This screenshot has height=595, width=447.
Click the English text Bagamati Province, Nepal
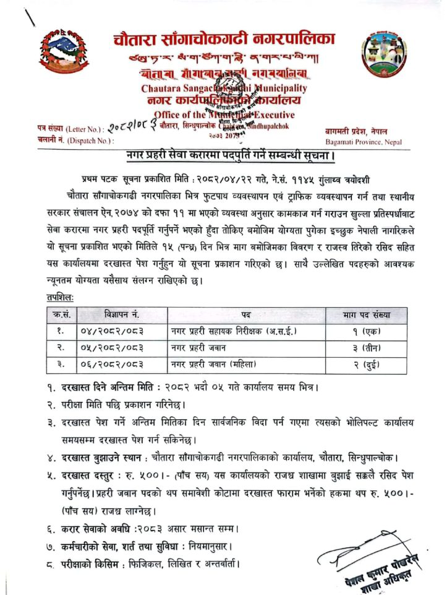click(x=363, y=142)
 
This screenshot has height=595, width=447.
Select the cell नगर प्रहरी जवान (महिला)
click(x=213, y=364)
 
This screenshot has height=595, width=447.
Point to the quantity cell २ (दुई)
click(x=367, y=364)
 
